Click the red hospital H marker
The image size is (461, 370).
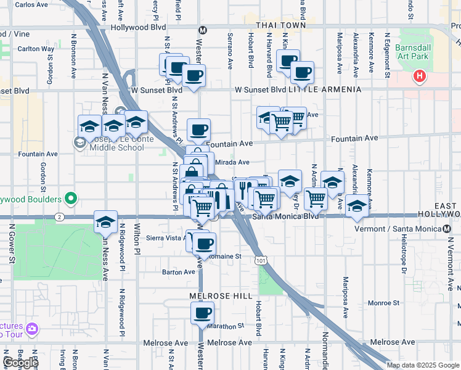419,77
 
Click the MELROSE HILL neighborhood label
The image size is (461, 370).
224,296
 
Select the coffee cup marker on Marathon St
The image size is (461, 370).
202,313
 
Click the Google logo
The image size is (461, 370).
20,363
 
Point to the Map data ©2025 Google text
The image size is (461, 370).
423,365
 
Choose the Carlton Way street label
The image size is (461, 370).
36,49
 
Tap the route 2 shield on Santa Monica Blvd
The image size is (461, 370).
59,217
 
